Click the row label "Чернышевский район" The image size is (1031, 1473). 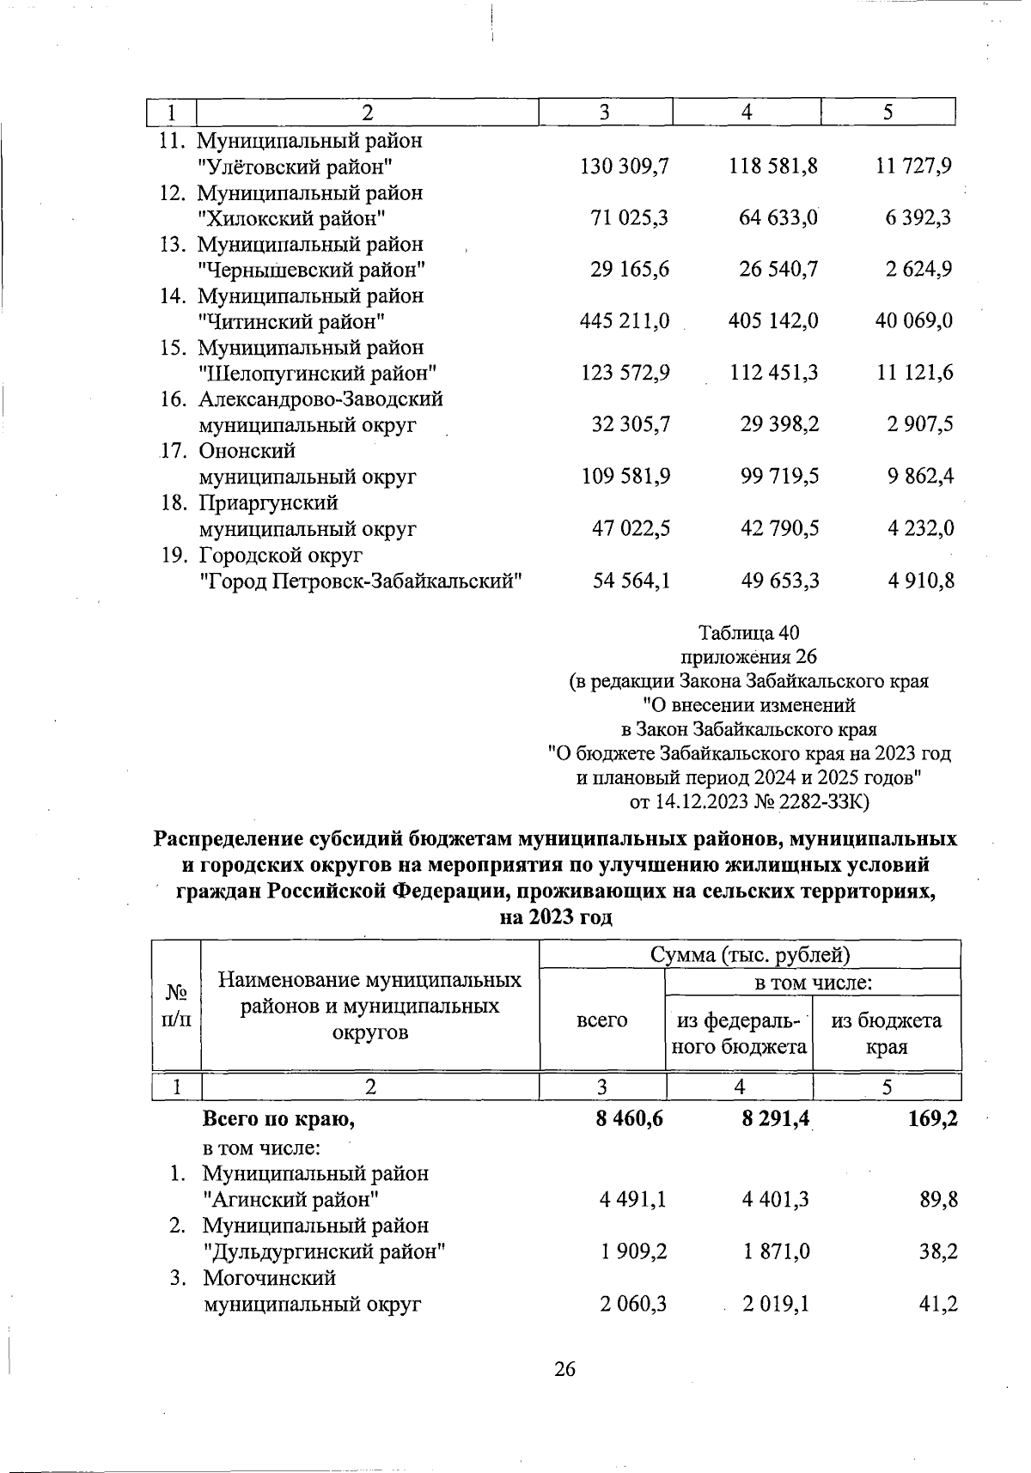click(x=312, y=271)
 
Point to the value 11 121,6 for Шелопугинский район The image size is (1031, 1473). click(x=914, y=374)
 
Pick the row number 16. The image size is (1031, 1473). click(x=174, y=399)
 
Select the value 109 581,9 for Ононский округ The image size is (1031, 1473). click(x=626, y=477)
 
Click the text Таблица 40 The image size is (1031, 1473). click(x=749, y=633)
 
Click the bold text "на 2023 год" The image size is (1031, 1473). click(x=556, y=917)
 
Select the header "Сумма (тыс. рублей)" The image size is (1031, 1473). click(x=750, y=955)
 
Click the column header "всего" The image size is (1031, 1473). click(x=601, y=1020)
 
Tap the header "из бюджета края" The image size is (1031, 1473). click(x=887, y=1033)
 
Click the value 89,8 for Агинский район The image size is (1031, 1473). click(x=938, y=1200)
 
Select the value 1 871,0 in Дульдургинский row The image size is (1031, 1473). click(x=777, y=1252)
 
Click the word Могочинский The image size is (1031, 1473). click(x=268, y=1278)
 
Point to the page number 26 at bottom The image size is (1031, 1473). click(x=564, y=1368)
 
